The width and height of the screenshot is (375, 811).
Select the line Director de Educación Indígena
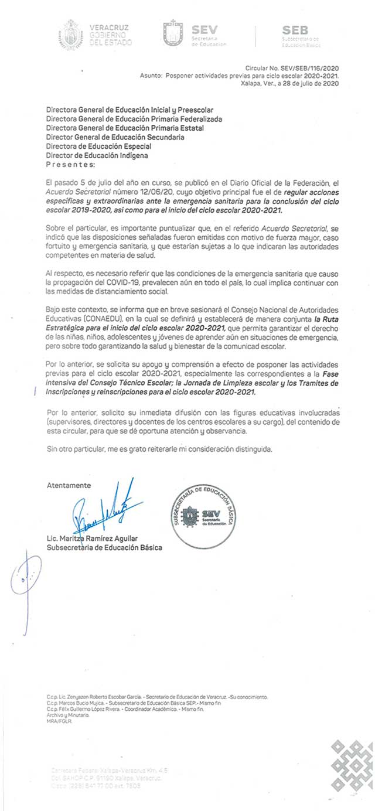click(x=97, y=155)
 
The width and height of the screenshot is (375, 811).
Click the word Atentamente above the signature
click(x=69, y=485)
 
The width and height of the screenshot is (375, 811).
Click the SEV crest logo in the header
click(x=173, y=33)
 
